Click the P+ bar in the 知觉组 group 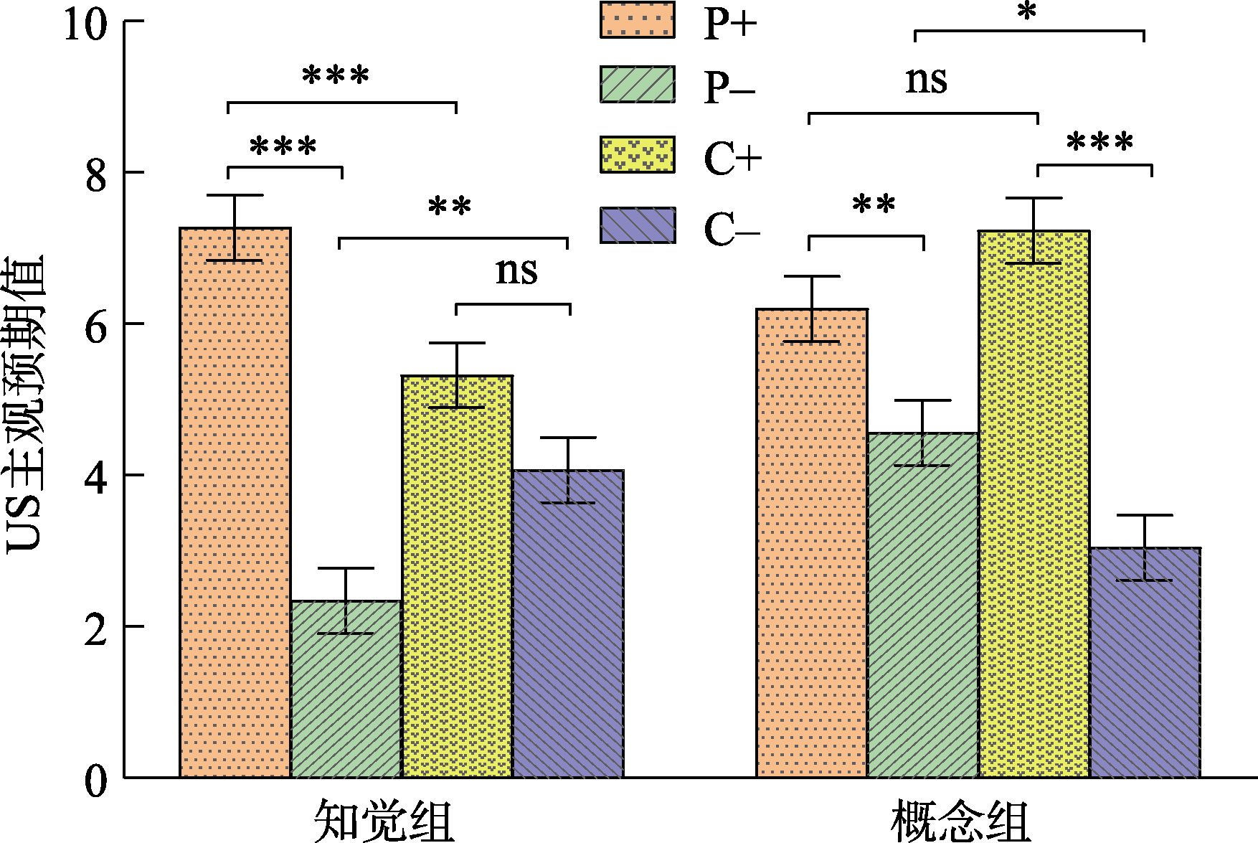[x=235, y=502]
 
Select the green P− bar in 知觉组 [x=346, y=689]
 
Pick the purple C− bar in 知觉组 [x=568, y=623]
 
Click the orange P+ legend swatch [x=637, y=19]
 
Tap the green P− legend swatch [x=637, y=85]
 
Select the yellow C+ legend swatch [x=637, y=155]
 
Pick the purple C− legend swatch [x=637, y=225]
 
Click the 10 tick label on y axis [x=85, y=23]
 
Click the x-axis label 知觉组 [x=384, y=821]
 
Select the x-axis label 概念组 [x=960, y=821]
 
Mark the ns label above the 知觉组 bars [x=516, y=270]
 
